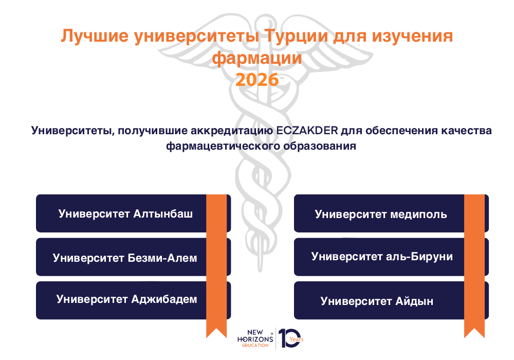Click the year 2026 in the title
click(x=257, y=80)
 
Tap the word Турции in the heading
click(x=296, y=35)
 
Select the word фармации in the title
click(x=257, y=58)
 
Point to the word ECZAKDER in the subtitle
click(x=307, y=131)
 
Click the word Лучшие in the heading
click(x=95, y=35)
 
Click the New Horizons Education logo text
click(x=255, y=338)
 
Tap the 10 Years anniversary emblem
click(x=291, y=338)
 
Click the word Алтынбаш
click(x=163, y=214)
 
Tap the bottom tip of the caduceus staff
click(x=260, y=271)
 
